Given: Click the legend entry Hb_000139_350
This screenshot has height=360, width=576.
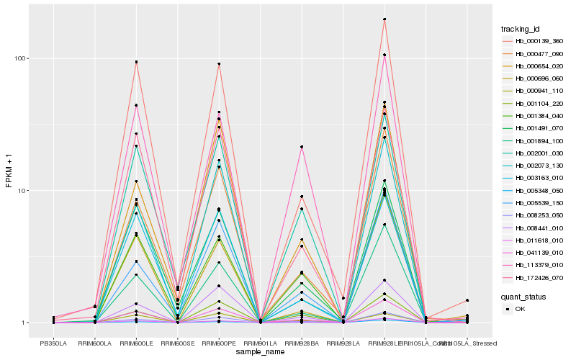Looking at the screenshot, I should coord(534,41).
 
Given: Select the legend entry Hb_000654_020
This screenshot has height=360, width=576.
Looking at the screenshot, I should coord(534,66).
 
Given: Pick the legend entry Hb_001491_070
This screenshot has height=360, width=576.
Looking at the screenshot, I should coord(534,128).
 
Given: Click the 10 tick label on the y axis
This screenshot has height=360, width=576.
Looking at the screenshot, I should coord(22,191).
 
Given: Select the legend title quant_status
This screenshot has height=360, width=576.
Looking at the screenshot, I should coord(523,296).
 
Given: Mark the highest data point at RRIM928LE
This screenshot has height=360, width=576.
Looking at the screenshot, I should coord(384,19).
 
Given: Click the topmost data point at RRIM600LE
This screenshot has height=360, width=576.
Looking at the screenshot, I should coord(135,62).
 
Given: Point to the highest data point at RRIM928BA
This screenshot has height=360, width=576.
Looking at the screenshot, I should coord(302,147).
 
